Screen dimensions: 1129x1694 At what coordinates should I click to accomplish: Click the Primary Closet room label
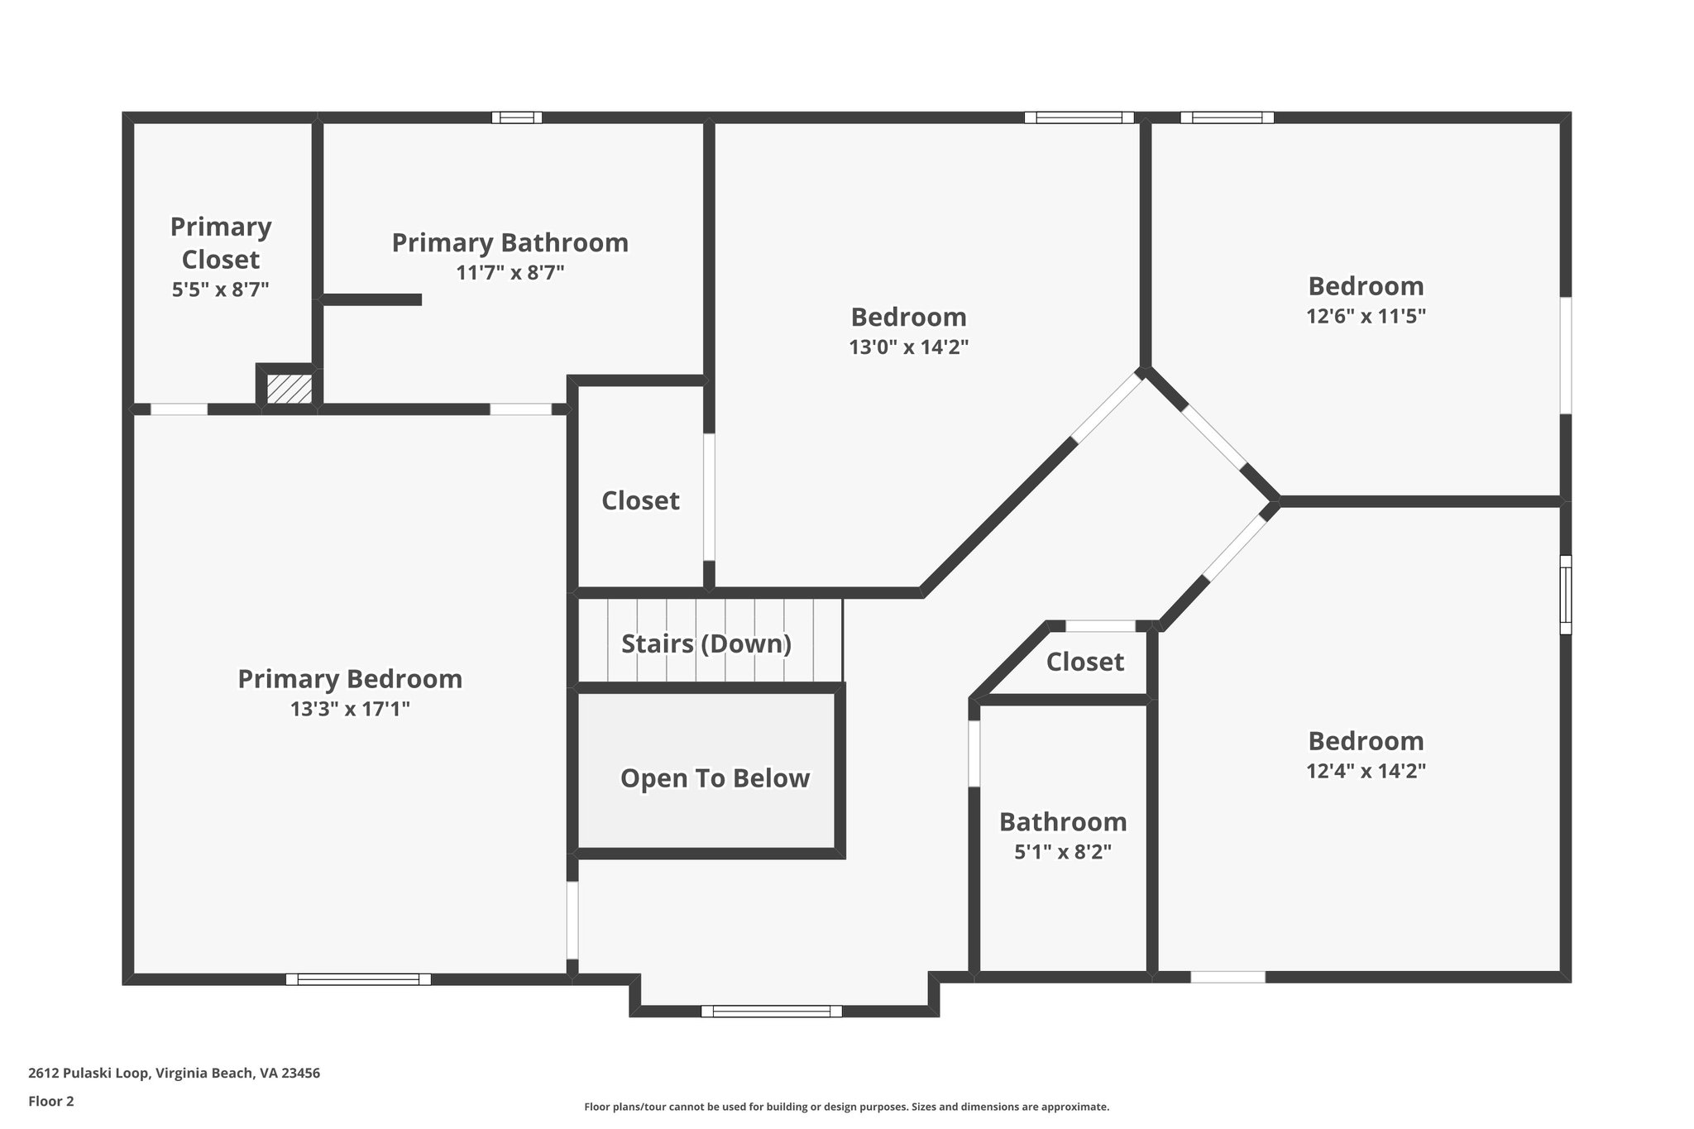(221, 242)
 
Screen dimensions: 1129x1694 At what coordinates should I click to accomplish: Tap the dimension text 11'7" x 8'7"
(510, 273)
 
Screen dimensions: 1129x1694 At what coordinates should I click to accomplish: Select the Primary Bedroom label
(350, 679)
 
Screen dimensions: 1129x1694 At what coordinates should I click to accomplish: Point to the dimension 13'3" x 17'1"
(350, 709)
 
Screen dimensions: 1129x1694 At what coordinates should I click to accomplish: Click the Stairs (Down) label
(706, 643)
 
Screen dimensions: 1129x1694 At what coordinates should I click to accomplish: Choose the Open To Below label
(715, 778)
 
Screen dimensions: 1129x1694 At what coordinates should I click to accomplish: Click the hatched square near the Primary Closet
(289, 389)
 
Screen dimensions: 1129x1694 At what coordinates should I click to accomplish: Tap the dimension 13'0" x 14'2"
(908, 347)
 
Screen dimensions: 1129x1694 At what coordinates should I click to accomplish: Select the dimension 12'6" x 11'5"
(1366, 317)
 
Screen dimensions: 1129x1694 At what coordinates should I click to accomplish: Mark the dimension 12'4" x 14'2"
(1366, 771)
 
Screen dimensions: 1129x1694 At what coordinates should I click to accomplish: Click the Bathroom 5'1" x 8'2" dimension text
(1063, 852)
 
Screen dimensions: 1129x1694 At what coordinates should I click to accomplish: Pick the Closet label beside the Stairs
(640, 500)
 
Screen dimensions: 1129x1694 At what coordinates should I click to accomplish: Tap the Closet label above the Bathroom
(1084, 662)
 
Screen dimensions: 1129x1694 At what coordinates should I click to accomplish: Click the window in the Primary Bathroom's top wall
(517, 117)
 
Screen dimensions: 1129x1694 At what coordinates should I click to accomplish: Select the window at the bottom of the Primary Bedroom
(358, 979)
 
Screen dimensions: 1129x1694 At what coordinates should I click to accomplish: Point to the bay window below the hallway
(771, 1011)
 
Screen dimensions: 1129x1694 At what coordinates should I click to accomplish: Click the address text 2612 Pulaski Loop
(174, 1073)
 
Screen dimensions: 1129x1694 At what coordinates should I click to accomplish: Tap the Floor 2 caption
(51, 1101)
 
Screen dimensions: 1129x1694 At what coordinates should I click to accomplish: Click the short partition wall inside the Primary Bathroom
(372, 299)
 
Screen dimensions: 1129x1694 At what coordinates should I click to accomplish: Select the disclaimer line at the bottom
(846, 1107)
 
